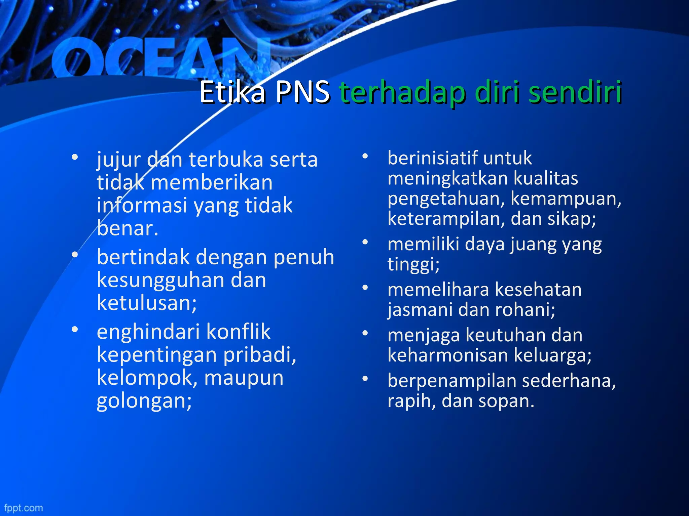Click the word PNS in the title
[x=302, y=92]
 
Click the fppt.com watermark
[x=24, y=508]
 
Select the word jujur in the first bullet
[x=118, y=160]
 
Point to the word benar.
[x=127, y=228]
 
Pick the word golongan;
[x=144, y=401]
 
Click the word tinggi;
[x=413, y=264]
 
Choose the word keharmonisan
[x=448, y=355]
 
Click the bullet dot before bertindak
[x=75, y=255]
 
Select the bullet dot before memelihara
[x=365, y=288]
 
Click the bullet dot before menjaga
[x=365, y=333]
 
